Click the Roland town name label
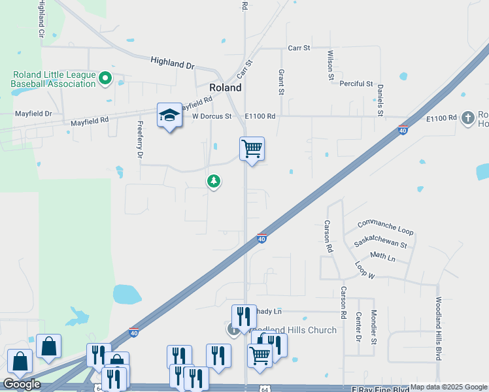coord(225,88)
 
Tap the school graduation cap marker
coord(169,116)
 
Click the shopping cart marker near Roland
coord(252,149)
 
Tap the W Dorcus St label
coord(212,116)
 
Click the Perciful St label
coord(356,84)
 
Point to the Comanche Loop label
coord(385,228)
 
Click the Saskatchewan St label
coord(380,244)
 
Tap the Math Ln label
coord(382,257)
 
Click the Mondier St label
coord(374,327)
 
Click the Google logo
coord(22,384)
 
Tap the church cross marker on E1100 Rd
coord(467,118)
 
